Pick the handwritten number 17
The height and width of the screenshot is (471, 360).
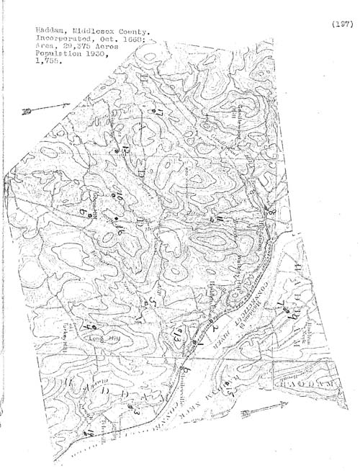tap(160, 115)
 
